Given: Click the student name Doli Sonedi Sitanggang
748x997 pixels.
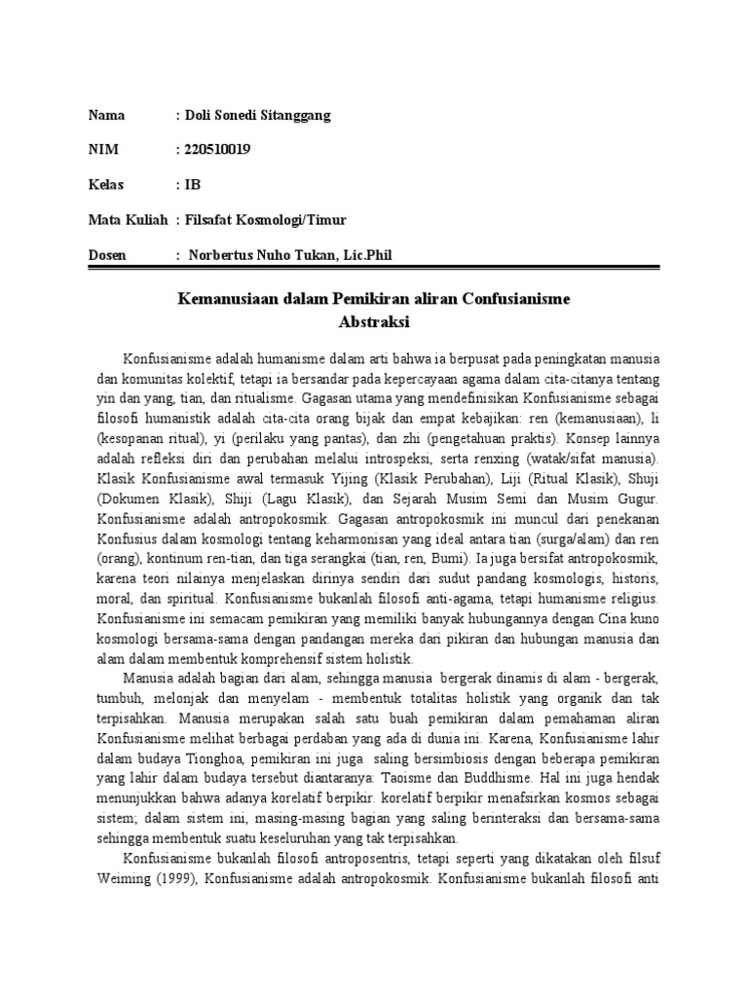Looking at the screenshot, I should (x=256, y=116).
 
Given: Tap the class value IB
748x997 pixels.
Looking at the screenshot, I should (x=192, y=185).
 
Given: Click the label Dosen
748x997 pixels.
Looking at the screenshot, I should (x=107, y=255).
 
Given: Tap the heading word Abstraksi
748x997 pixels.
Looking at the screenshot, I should (x=373, y=319).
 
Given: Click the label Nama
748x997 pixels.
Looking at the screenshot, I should (x=107, y=116).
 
